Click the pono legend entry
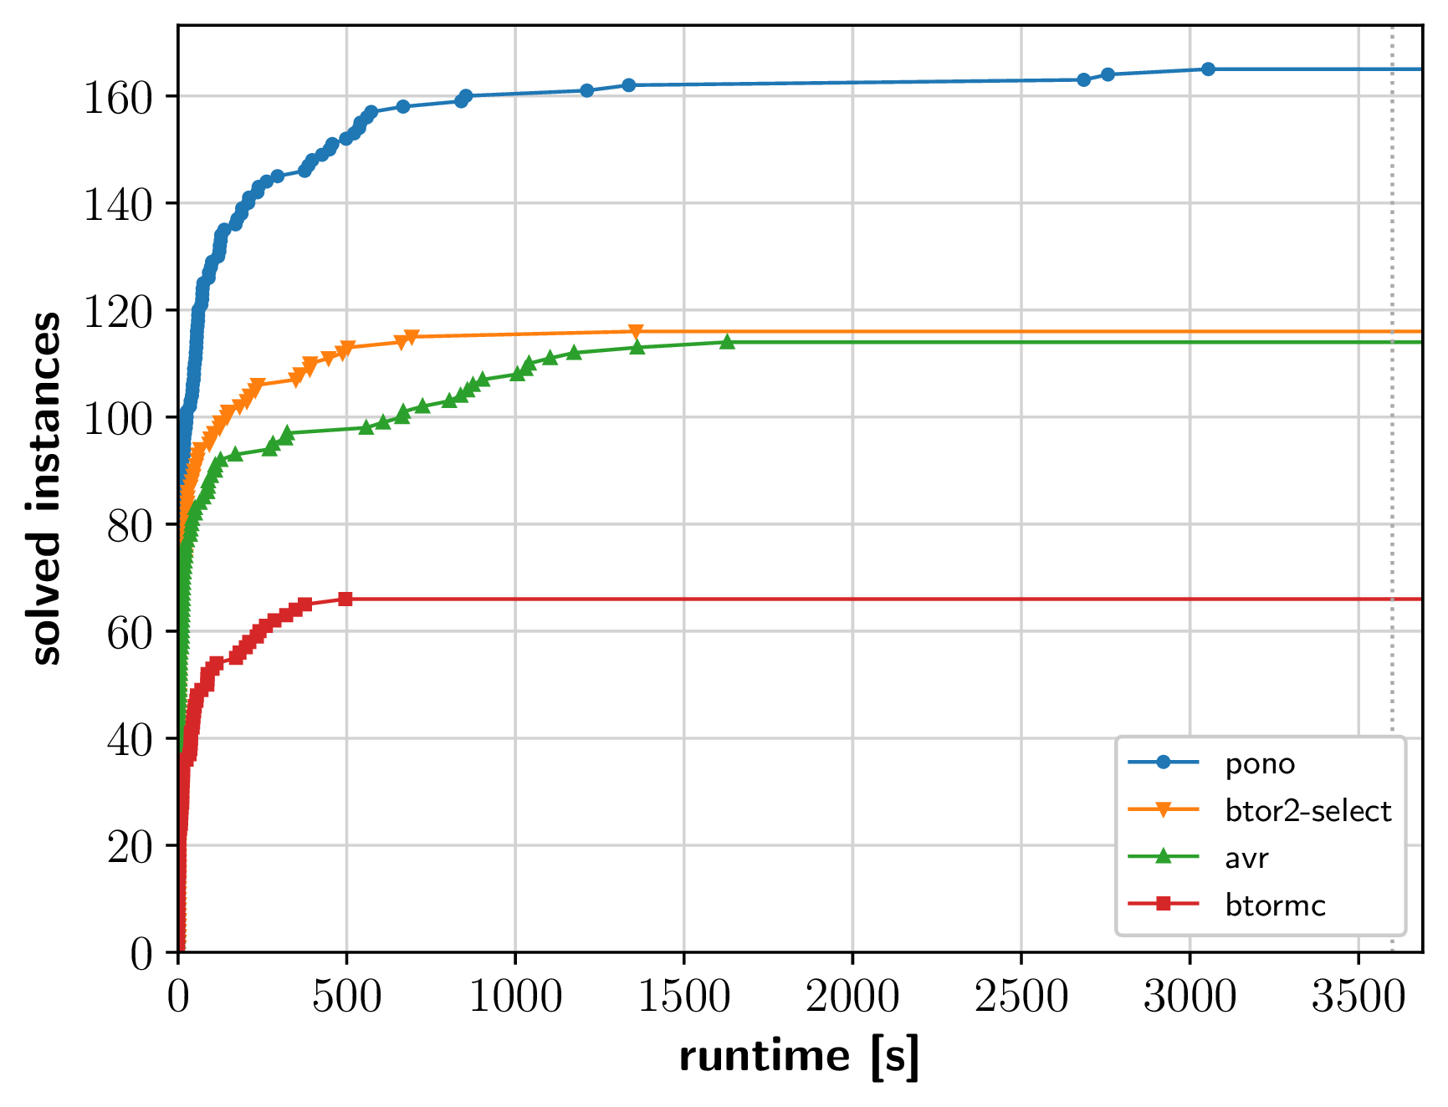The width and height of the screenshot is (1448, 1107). [x=1259, y=763]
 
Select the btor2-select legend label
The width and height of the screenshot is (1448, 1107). [x=1307, y=811]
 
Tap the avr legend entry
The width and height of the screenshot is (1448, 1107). [x=1246, y=859]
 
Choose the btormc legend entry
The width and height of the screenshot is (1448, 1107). [x=1275, y=905]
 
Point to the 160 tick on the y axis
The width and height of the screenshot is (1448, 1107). [x=118, y=98]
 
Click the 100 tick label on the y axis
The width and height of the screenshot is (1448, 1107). [x=118, y=418]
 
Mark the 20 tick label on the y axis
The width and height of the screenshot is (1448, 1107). [x=130, y=847]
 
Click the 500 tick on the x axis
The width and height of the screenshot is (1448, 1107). [x=346, y=997]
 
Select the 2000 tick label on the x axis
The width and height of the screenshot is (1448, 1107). [x=852, y=997]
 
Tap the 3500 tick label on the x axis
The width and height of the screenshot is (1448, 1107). [x=1358, y=997]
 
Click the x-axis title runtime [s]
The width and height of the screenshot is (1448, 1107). [x=799, y=1056]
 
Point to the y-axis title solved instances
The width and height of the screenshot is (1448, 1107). [x=45, y=488]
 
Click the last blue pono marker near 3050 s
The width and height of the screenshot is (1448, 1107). [x=1208, y=69]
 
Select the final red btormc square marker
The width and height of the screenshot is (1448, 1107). [x=345, y=599]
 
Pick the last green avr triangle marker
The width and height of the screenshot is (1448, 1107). [x=728, y=341]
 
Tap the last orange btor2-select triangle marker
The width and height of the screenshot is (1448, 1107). [x=636, y=332]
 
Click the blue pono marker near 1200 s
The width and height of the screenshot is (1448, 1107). [x=586, y=90]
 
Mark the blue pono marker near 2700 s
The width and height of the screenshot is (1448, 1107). [x=1084, y=79]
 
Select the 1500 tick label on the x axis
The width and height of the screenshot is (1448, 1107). [x=684, y=997]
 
